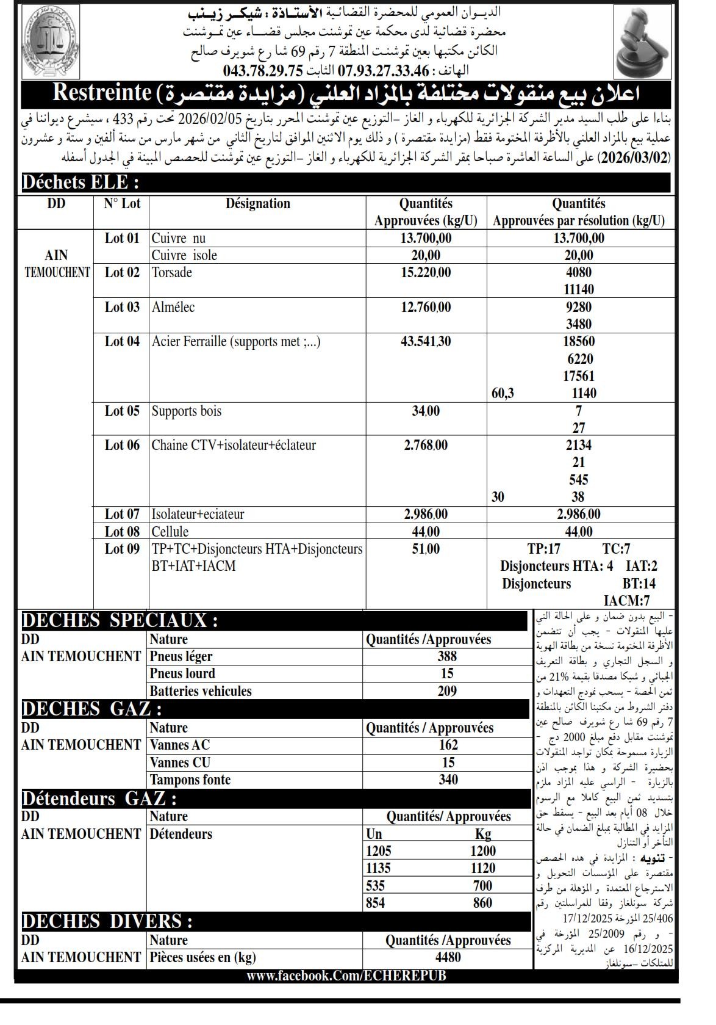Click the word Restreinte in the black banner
pyautogui.click(x=102, y=93)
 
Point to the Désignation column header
pyautogui.click(x=257, y=203)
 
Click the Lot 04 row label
pyautogui.click(x=122, y=341)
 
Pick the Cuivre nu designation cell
pyautogui.click(x=179, y=238)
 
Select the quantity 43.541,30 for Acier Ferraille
pyautogui.click(x=426, y=341)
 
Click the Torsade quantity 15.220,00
pyautogui.click(x=426, y=272)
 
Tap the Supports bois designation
pyautogui.click(x=187, y=411)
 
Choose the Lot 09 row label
pyautogui.click(x=122, y=549)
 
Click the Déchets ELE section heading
pyautogui.click(x=80, y=183)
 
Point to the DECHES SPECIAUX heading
pyautogui.click(x=120, y=620)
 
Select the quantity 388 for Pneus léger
pyautogui.click(x=447, y=656)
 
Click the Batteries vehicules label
pyautogui.click(x=201, y=691)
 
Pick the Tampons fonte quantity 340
pyautogui.click(x=448, y=780)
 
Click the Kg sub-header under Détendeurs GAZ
pyautogui.click(x=483, y=834)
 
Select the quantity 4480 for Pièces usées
pyautogui.click(x=448, y=957)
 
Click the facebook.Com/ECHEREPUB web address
pyautogui.click(x=346, y=975)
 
